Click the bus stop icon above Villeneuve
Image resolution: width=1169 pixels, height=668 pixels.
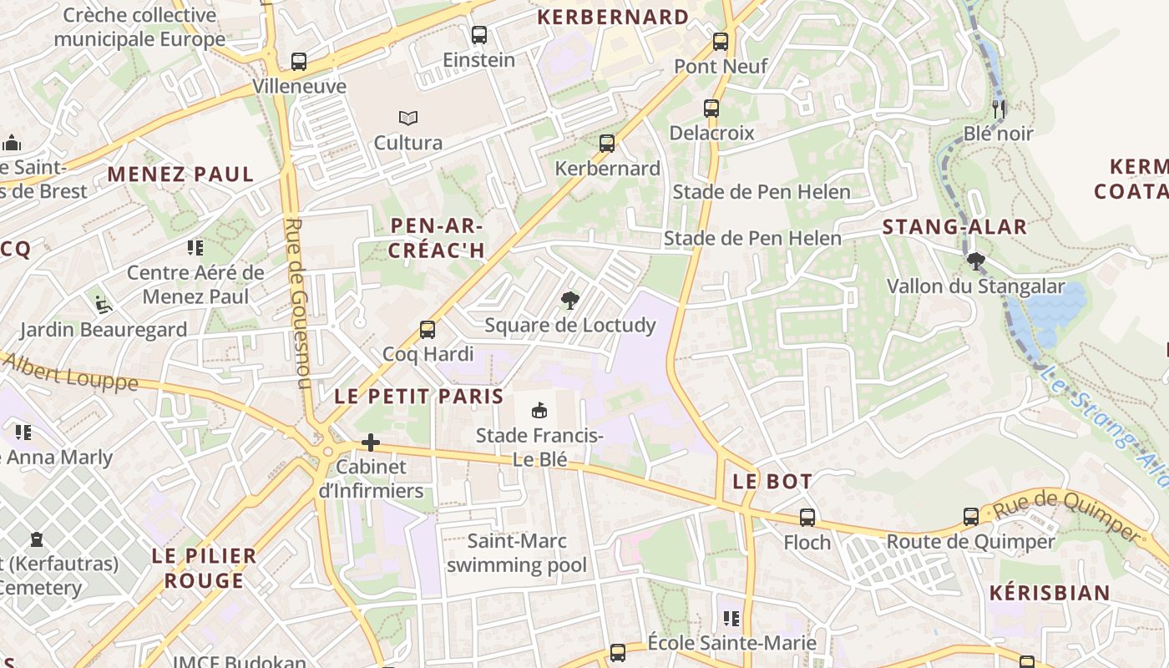(x=299, y=61)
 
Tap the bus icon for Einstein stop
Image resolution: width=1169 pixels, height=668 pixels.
(x=478, y=35)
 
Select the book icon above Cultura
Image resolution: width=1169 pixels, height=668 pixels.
(x=407, y=118)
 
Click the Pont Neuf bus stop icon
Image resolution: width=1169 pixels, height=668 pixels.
(x=720, y=41)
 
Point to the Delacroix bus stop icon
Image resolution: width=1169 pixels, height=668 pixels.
(x=711, y=108)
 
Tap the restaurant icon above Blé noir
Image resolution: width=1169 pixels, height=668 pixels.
(x=998, y=108)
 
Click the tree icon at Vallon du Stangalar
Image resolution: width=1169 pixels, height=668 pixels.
(x=975, y=261)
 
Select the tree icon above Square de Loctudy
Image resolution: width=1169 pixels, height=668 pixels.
(x=570, y=300)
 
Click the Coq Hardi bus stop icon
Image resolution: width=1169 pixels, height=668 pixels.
(x=428, y=329)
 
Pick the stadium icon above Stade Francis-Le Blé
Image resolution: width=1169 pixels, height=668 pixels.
(x=539, y=410)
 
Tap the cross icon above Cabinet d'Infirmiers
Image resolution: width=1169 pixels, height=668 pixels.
(x=371, y=442)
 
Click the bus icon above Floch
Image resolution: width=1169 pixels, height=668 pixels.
(x=807, y=517)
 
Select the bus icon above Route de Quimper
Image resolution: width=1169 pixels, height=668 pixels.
(x=970, y=516)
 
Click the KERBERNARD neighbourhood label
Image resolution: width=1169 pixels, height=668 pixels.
(x=613, y=17)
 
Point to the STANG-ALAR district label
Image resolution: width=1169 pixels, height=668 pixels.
(x=954, y=226)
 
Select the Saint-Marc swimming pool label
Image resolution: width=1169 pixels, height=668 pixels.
(x=516, y=553)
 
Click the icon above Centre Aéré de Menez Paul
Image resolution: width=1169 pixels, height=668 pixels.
(x=195, y=247)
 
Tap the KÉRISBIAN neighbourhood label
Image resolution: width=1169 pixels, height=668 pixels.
(x=1050, y=594)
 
